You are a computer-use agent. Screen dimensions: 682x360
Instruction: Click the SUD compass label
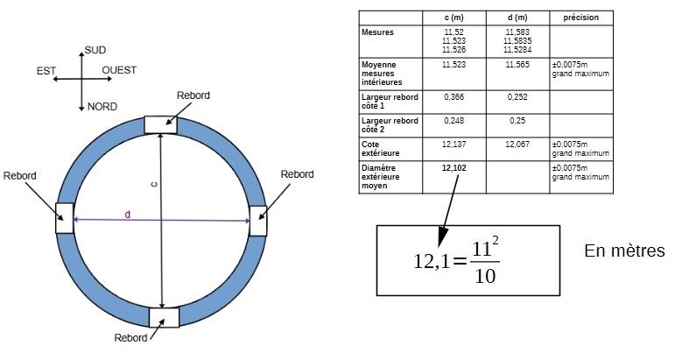95,50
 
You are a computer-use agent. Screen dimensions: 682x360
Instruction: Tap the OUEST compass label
119,70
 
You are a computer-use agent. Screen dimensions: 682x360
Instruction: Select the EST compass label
46,71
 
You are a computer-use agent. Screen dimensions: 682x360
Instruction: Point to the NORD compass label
102,107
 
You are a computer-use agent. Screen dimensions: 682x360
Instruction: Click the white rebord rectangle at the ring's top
160,125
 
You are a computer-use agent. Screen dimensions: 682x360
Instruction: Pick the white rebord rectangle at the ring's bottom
164,317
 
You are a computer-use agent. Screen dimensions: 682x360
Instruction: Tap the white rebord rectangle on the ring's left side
65,218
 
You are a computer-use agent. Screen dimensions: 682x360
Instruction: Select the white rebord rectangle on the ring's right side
258,221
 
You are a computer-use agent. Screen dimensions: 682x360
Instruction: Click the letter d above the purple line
128,215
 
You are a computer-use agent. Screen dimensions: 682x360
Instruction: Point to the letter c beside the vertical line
153,185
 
